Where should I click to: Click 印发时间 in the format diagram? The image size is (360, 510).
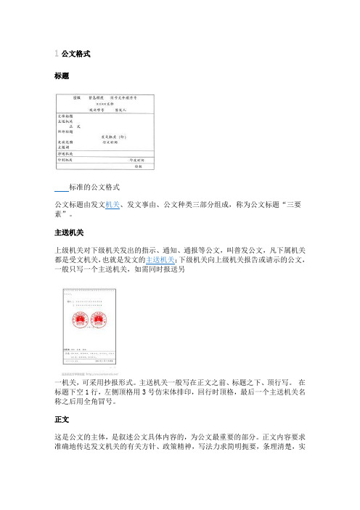136,158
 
